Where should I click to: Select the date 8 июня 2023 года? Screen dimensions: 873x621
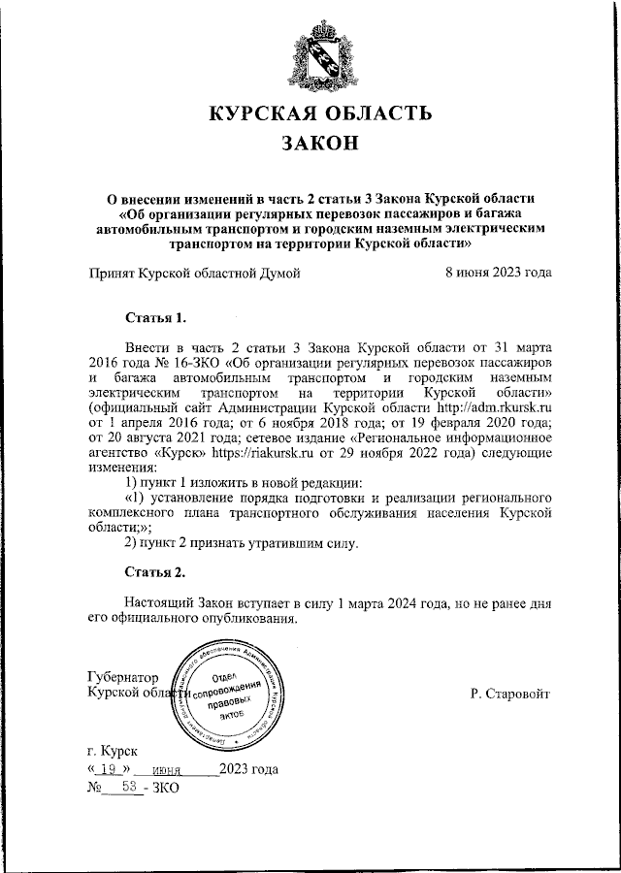coord(498,273)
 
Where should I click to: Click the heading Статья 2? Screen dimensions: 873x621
coord(155,570)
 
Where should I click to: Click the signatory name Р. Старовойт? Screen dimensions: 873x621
coord(508,695)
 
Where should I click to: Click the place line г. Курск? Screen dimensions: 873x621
coord(113,751)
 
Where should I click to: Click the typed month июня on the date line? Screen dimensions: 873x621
coord(182,770)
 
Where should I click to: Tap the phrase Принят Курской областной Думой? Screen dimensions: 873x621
coord(194,273)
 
